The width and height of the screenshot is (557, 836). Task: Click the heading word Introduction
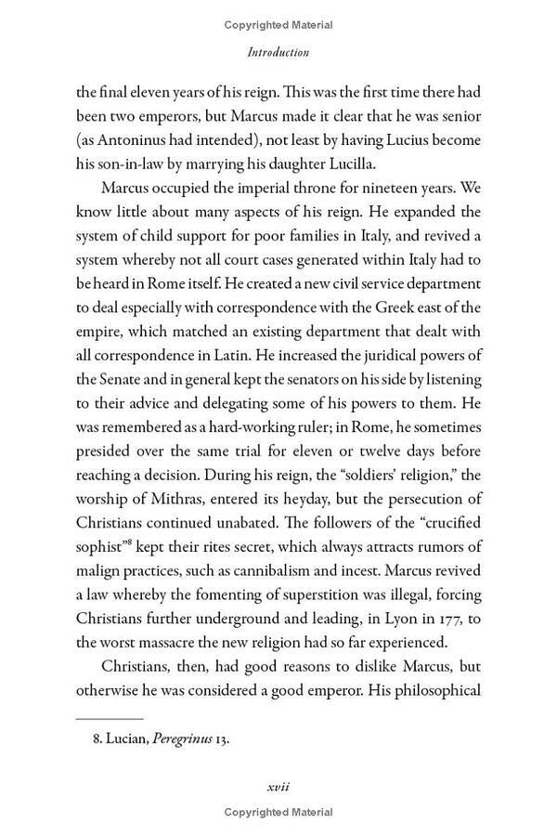pos(278,53)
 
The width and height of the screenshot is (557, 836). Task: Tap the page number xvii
pos(278,786)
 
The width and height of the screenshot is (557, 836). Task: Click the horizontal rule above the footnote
pos(109,718)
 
